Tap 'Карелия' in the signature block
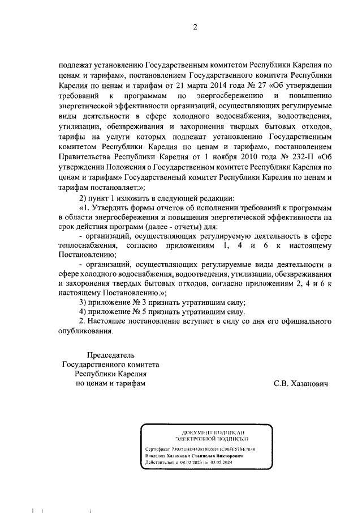[133, 374]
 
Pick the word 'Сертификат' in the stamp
[158, 448]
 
